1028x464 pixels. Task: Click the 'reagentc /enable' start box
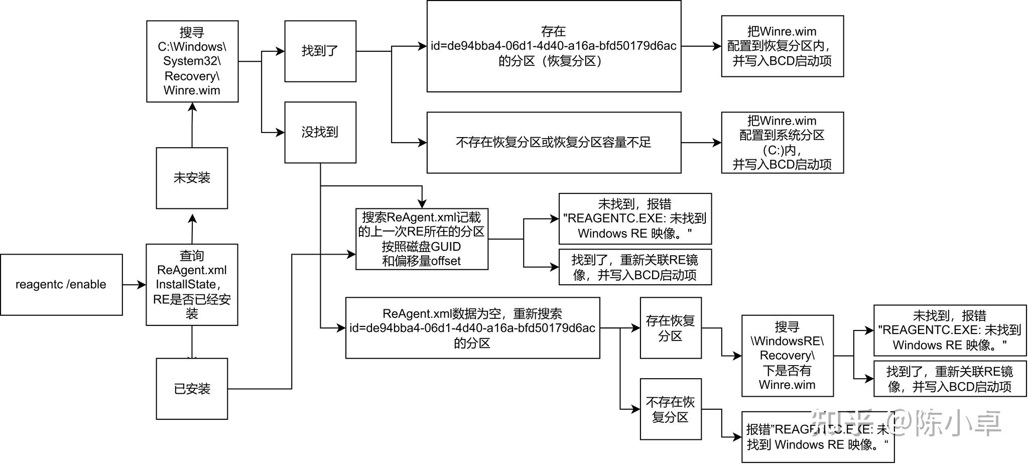pyautogui.click(x=61, y=285)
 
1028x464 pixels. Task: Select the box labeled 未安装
pyautogui.click(x=192, y=178)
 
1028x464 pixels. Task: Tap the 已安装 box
pyautogui.click(x=192, y=389)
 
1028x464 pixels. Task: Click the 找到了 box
pyautogui.click(x=320, y=51)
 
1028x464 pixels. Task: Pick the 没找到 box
pyautogui.click(x=320, y=132)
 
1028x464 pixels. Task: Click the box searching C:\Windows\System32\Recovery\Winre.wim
pyautogui.click(x=192, y=61)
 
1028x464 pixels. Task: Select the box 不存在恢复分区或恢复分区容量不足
pyautogui.click(x=554, y=143)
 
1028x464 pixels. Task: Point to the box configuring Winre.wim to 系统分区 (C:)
pyautogui.click(x=782, y=143)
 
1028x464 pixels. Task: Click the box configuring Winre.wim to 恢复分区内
pyautogui.click(x=782, y=46)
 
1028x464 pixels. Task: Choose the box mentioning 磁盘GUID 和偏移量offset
pyautogui.click(x=422, y=239)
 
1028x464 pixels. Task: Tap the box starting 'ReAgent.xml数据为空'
pyautogui.click(x=472, y=328)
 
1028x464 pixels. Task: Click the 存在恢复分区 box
pyautogui.click(x=671, y=328)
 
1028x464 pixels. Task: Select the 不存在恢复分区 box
pyautogui.click(x=671, y=409)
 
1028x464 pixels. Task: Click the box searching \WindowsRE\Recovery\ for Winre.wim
pyautogui.click(x=787, y=356)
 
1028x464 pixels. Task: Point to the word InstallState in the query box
pyautogui.click(x=186, y=285)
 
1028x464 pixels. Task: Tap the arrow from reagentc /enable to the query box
pyautogui.click(x=134, y=285)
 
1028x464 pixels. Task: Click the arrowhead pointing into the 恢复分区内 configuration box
pyautogui.click(x=717, y=46)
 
